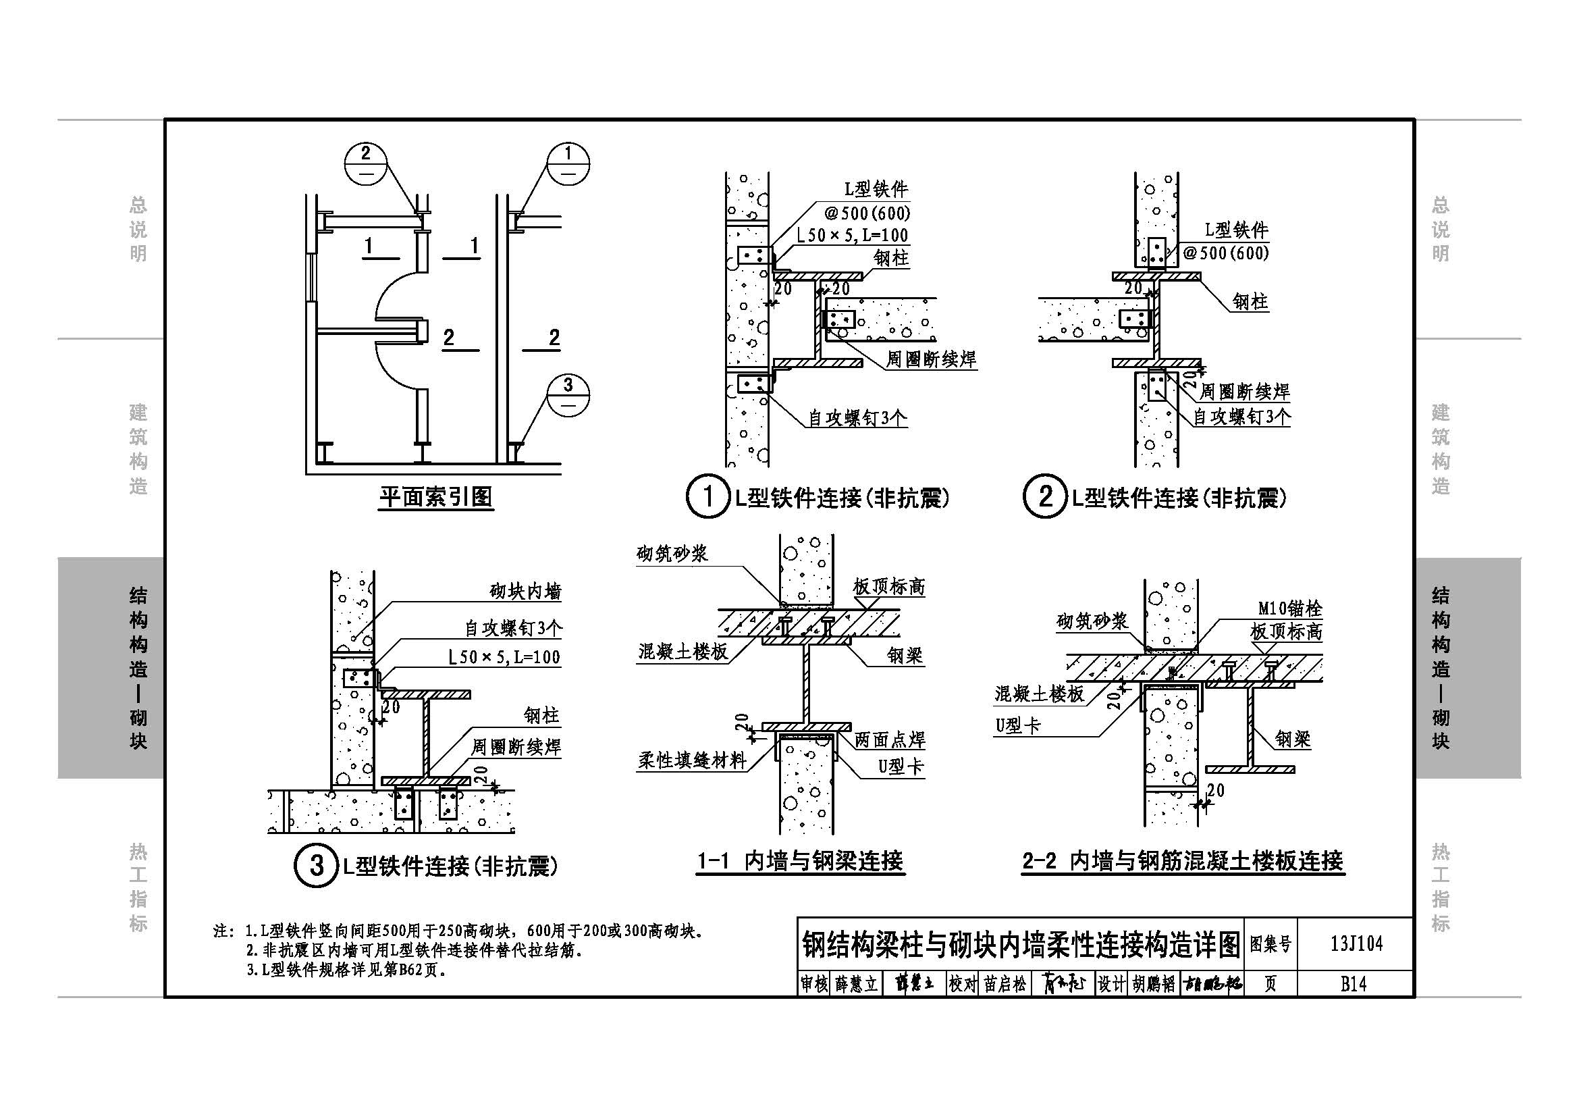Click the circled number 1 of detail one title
point(707,496)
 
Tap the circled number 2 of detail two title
point(1044,496)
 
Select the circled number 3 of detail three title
point(317,865)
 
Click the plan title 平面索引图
point(436,496)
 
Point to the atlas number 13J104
point(1356,943)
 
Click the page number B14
point(1354,984)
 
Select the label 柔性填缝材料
point(692,760)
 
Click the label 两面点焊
point(890,740)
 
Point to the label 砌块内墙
point(525,592)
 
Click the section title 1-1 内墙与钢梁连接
point(801,860)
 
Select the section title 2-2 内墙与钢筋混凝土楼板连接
point(1183,860)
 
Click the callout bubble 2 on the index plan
point(365,163)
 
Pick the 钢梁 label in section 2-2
point(1293,739)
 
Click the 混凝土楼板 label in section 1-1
point(683,651)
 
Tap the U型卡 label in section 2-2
point(1018,725)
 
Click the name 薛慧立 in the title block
point(857,984)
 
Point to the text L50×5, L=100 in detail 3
point(504,657)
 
